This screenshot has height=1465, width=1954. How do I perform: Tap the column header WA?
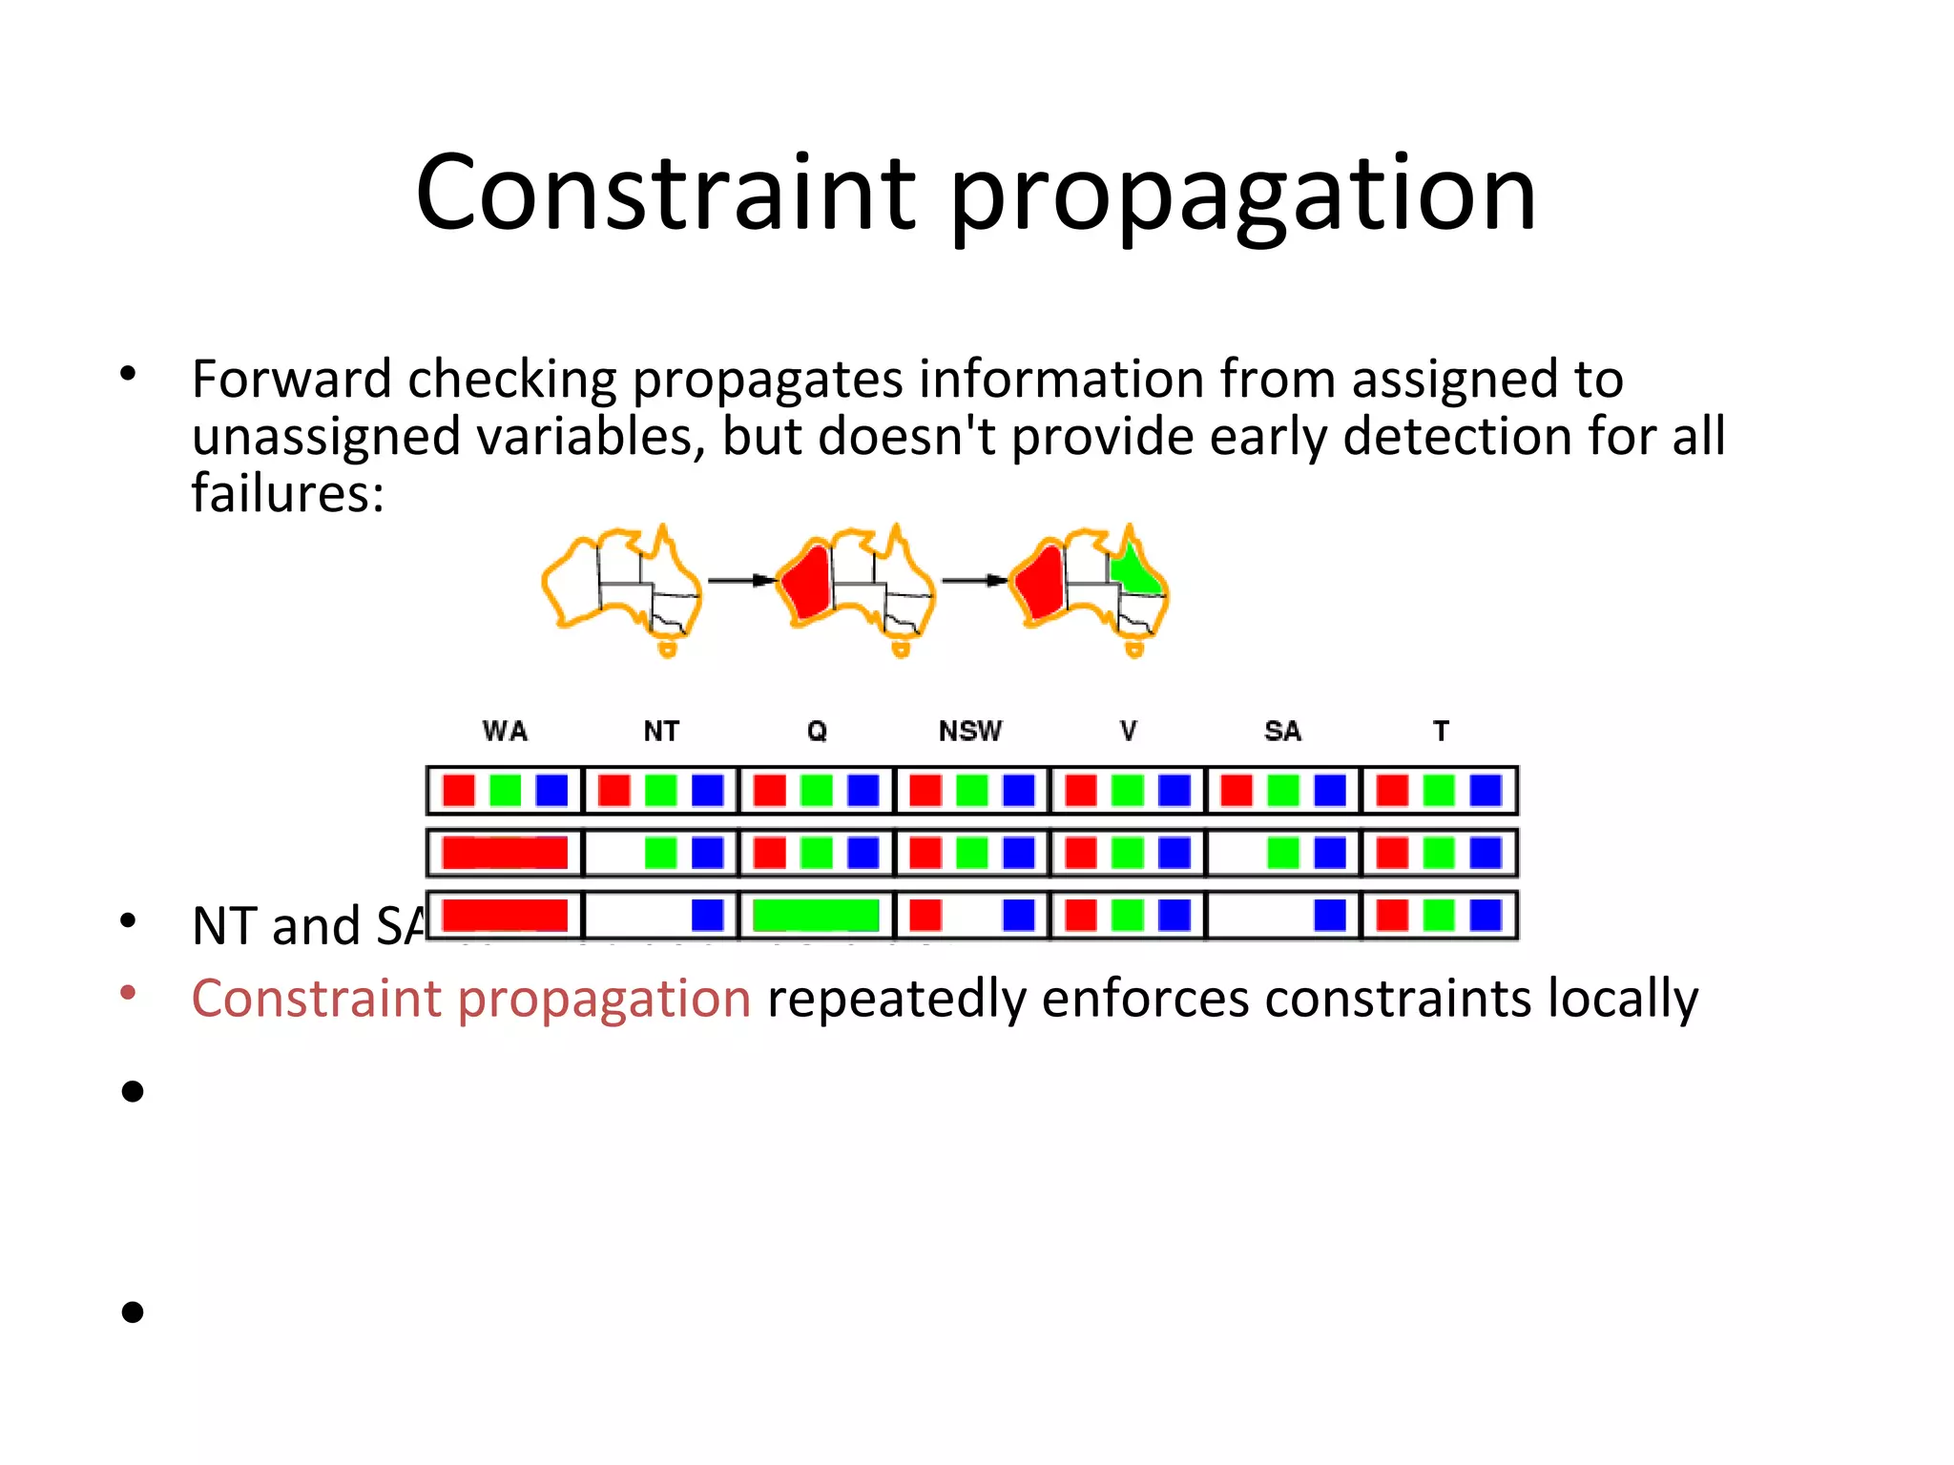pyautogui.click(x=505, y=732)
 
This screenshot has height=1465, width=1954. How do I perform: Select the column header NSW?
pyautogui.click(x=970, y=732)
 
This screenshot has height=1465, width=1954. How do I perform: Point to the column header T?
pyautogui.click(x=1441, y=732)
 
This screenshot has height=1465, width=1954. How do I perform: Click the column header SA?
pyautogui.click(x=1282, y=732)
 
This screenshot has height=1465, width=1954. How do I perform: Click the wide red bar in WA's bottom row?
pyautogui.click(x=505, y=915)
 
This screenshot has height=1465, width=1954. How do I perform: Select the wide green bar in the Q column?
pyautogui.click(x=816, y=915)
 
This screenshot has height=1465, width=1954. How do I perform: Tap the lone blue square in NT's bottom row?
pyautogui.click(x=707, y=915)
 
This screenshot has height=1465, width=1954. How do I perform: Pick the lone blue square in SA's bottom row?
pyautogui.click(x=1329, y=915)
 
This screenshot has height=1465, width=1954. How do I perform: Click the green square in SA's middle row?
pyautogui.click(x=1282, y=853)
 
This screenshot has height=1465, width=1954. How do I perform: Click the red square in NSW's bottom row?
pyautogui.click(x=925, y=915)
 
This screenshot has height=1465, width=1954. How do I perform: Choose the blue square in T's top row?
pyautogui.click(x=1486, y=791)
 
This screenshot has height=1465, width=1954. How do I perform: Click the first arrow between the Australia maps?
pyautogui.click(x=739, y=580)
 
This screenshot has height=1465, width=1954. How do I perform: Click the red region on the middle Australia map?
pyautogui.click(x=807, y=583)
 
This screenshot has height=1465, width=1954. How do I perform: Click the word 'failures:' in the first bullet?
pyautogui.click(x=287, y=494)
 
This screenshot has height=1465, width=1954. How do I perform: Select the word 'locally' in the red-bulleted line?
pyautogui.click(x=1622, y=999)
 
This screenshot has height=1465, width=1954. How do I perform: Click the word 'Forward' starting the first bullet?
pyautogui.click(x=292, y=380)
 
